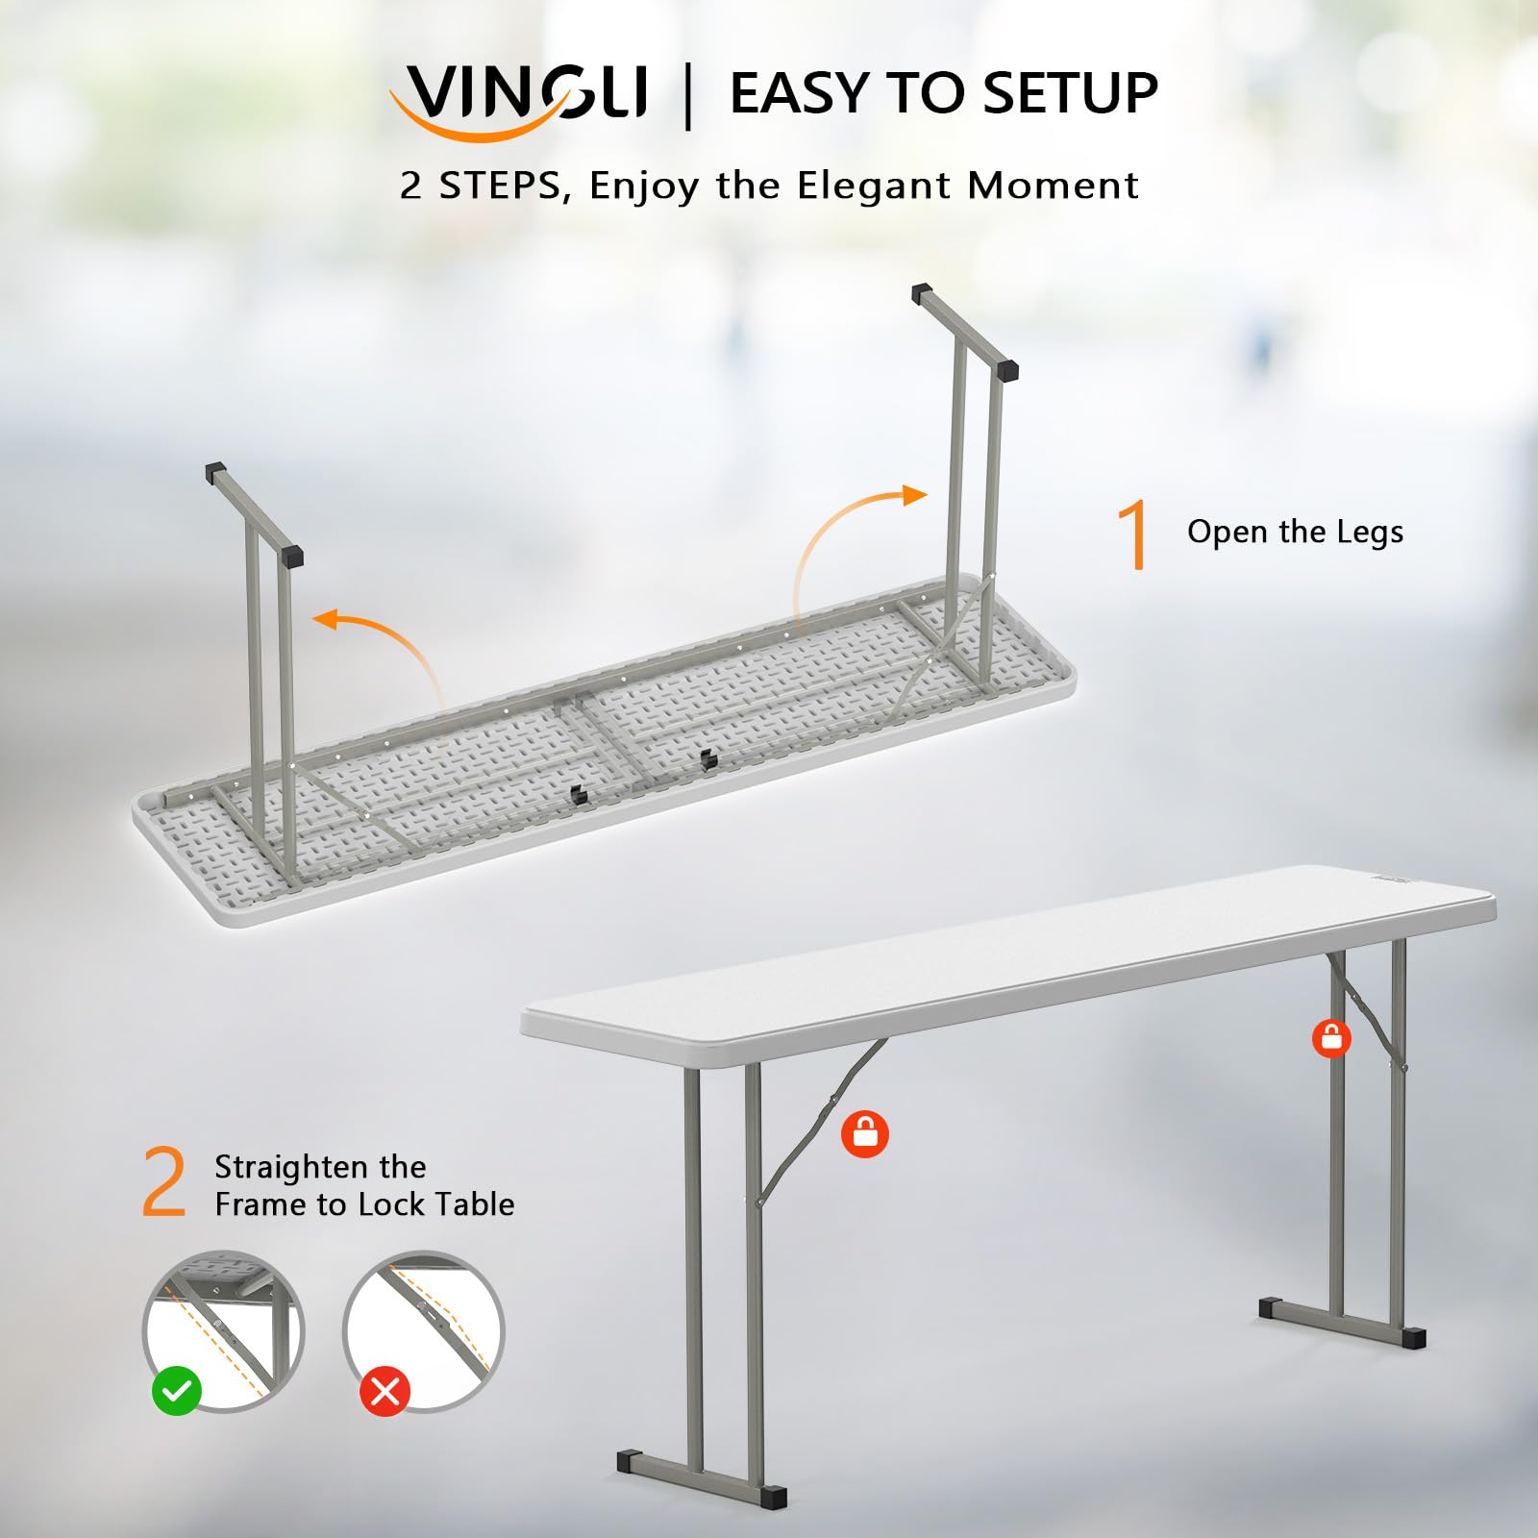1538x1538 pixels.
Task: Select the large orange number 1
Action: click(x=1135, y=534)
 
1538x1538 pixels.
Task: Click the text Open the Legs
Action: click(x=1295, y=533)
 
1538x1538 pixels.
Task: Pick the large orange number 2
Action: click(x=164, y=1183)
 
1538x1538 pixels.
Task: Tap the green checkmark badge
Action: click(x=177, y=1390)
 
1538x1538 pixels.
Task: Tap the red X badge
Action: click(x=385, y=1391)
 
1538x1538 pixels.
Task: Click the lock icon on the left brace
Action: click(x=865, y=1134)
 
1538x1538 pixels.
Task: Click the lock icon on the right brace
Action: click(x=1331, y=1038)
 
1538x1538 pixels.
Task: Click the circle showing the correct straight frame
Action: click(x=223, y=1331)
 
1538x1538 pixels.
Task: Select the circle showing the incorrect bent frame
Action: click(x=424, y=1331)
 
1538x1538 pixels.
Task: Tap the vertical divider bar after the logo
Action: click(x=687, y=96)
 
